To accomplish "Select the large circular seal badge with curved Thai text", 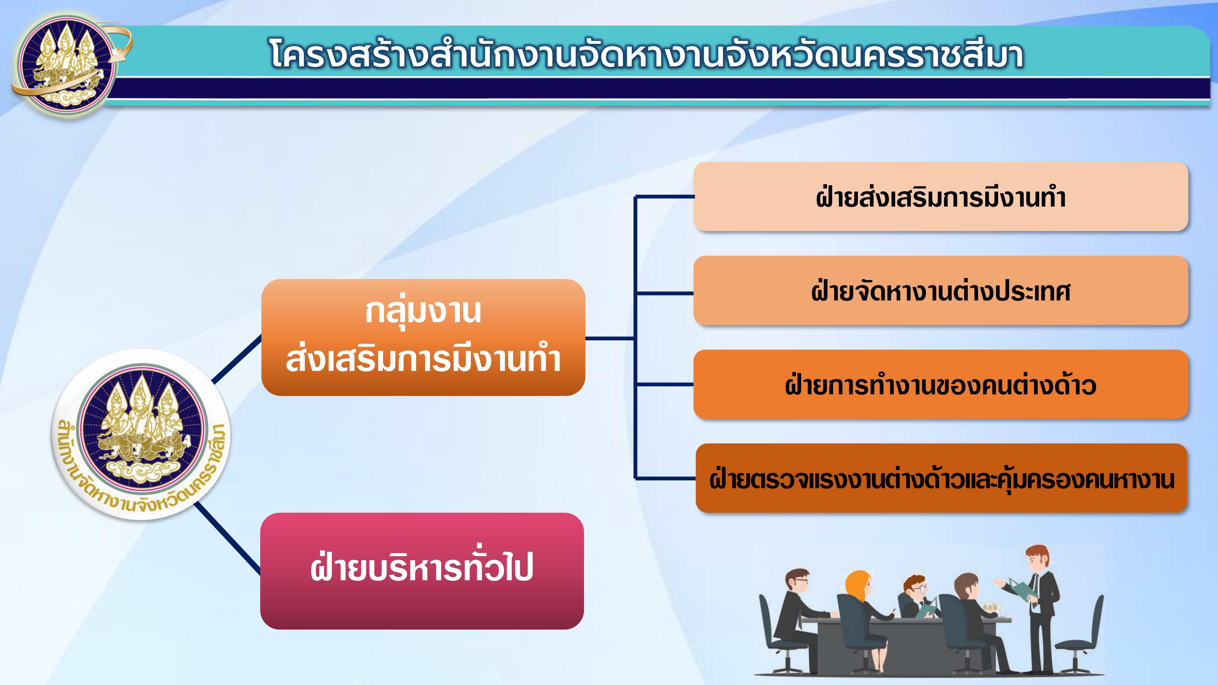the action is coord(141,434).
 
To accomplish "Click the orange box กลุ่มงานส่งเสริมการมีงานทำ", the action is coord(423,337).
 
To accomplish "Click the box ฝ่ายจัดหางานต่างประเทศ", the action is coord(941,290).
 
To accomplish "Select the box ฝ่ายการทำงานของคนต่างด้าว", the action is coord(941,384).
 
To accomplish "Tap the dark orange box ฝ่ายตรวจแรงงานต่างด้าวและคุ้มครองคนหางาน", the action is coord(942,478).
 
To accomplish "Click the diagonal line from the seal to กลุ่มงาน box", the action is coord(236,359).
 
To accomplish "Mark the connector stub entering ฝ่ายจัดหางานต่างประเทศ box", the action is coord(664,293).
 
